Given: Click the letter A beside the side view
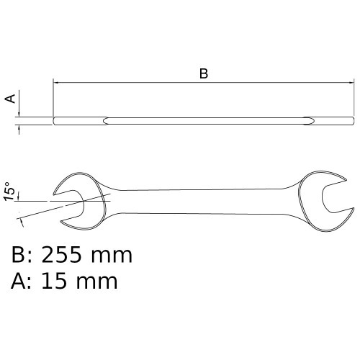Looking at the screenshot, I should [11, 99].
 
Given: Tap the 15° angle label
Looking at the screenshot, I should [9, 192].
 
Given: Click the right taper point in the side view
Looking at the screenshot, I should [307, 120].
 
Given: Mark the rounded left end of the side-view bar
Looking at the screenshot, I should [55, 120].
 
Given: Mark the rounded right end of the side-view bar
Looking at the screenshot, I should [352, 120].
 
